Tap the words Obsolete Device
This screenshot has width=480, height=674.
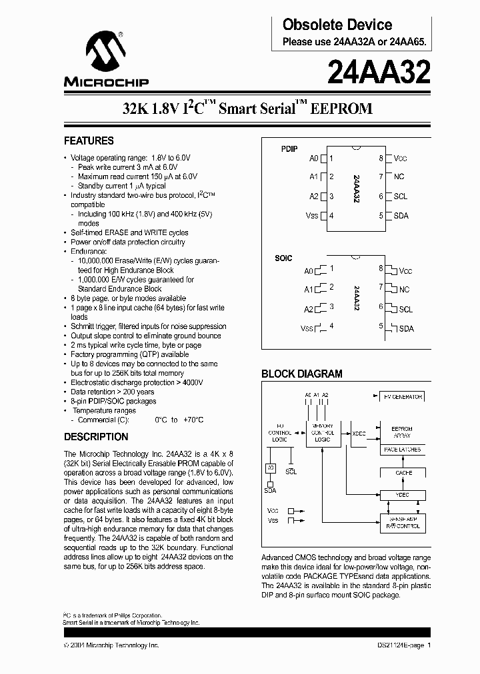click(337, 25)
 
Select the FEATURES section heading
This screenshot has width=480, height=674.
click(89, 141)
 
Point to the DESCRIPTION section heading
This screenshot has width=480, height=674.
click(96, 437)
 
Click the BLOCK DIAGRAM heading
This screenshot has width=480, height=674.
click(301, 374)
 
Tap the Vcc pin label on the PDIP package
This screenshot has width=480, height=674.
click(400, 159)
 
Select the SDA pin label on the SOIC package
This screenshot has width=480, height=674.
click(406, 328)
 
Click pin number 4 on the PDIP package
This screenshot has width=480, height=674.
click(331, 215)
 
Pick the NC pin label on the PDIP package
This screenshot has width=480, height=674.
click(399, 176)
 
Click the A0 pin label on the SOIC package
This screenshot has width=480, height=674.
click(308, 271)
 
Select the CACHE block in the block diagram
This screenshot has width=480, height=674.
click(403, 472)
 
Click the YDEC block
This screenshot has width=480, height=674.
click(402, 495)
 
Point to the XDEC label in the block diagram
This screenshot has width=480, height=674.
click(359, 434)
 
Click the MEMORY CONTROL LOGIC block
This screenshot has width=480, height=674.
click(322, 433)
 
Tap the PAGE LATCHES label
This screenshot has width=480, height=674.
click(402, 450)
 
